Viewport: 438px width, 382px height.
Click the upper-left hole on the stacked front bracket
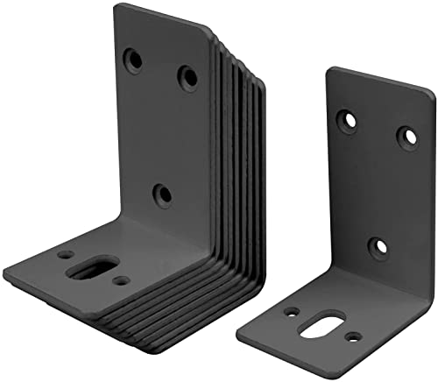pyautogui.click(x=134, y=60)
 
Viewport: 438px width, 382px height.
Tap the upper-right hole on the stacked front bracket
pyautogui.click(x=187, y=77)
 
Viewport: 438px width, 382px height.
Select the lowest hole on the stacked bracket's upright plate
pyautogui.click(x=162, y=195)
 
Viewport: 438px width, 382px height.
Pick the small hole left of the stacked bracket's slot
pyautogui.click(x=66, y=255)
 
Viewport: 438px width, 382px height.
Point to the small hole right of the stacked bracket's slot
pyautogui.click(x=123, y=280)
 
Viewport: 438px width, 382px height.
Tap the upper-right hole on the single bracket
pyautogui.click(x=406, y=136)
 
